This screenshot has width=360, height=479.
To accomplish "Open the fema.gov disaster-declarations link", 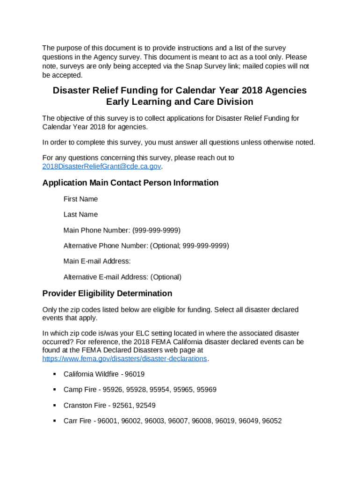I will click(x=124, y=358).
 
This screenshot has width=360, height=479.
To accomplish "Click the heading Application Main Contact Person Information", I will click(x=130, y=183).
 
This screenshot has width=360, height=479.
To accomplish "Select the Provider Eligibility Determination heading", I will click(x=107, y=293).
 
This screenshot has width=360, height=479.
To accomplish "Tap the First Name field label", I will click(x=80, y=199).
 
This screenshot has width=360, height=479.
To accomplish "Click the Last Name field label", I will click(x=80, y=214).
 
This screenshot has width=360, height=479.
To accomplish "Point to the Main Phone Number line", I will click(x=122, y=230).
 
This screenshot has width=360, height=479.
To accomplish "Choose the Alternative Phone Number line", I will click(x=146, y=246).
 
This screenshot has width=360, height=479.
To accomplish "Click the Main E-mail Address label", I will click(x=97, y=261).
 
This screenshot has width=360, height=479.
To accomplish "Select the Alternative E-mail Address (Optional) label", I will click(x=122, y=277).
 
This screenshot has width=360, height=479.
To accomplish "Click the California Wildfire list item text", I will click(x=104, y=374).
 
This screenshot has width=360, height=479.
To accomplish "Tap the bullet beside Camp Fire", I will click(x=54, y=389).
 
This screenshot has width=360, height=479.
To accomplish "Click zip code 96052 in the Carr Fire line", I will click(x=272, y=421).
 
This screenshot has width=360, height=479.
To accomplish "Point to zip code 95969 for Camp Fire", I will click(x=207, y=389).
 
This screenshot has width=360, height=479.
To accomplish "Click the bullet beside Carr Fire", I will click(x=54, y=421).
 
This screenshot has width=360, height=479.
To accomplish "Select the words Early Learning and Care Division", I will click(x=180, y=102).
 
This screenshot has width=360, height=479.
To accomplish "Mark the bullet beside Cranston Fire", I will click(x=54, y=405).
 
